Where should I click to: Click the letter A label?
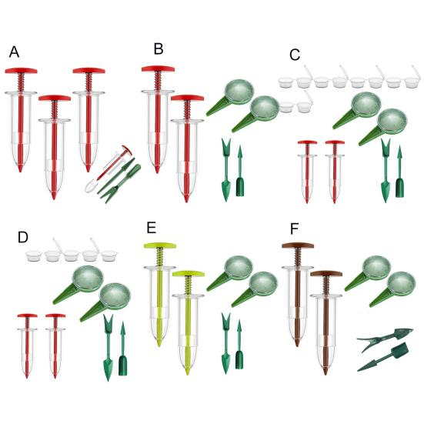(x=14, y=52)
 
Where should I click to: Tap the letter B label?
(x=159, y=49)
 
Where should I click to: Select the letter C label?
(x=295, y=55)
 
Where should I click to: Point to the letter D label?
(x=23, y=238)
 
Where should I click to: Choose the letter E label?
(x=152, y=228)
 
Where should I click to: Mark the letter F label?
(x=294, y=229)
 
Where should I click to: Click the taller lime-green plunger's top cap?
(x=160, y=245)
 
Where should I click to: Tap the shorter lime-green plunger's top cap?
(x=189, y=274)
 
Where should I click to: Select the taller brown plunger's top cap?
(x=298, y=245)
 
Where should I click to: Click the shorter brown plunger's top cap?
(x=326, y=274)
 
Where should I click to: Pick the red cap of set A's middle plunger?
(x=55, y=98)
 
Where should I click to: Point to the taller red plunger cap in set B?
(x=159, y=68)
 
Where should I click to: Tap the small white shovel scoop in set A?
(x=90, y=186)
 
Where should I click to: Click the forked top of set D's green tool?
(x=109, y=320)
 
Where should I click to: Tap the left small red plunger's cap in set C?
(x=308, y=142)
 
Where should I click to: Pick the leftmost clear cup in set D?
(x=34, y=255)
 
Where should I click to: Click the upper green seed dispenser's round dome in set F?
(x=376, y=268)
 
